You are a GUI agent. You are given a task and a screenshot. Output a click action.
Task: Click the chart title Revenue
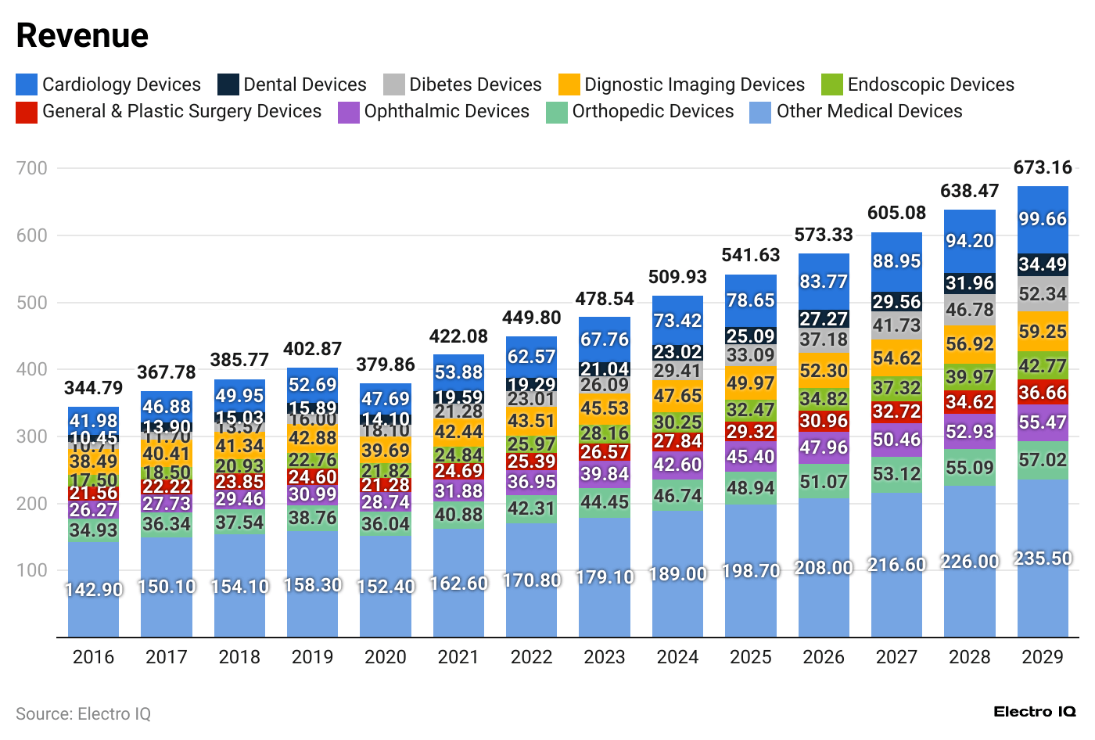click(82, 36)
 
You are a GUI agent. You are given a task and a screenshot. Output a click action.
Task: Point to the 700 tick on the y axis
click(32, 168)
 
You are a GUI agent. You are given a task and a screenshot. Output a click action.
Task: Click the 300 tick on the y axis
click(32, 436)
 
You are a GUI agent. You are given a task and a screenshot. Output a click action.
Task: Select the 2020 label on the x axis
click(386, 657)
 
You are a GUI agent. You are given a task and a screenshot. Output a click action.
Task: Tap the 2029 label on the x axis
click(1043, 657)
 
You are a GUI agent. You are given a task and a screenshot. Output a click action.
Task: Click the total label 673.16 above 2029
click(1043, 167)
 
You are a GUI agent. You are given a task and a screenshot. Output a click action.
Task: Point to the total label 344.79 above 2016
click(94, 388)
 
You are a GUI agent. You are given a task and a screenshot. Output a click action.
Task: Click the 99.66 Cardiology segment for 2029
click(1043, 219)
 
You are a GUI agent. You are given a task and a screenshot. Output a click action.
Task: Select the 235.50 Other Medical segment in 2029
click(1043, 559)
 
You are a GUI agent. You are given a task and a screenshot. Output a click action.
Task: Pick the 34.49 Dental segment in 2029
click(1043, 264)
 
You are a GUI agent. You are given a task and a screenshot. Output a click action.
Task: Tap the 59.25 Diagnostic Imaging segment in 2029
click(1043, 332)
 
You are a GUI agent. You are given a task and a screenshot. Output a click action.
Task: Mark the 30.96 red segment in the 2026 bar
click(824, 421)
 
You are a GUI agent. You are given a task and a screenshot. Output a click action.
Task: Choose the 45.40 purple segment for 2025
click(751, 457)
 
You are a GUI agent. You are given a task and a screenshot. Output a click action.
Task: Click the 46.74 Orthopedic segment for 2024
click(677, 496)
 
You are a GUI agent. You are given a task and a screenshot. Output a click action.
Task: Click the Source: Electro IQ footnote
click(83, 714)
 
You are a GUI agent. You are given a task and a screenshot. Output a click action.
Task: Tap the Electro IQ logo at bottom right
click(1034, 712)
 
